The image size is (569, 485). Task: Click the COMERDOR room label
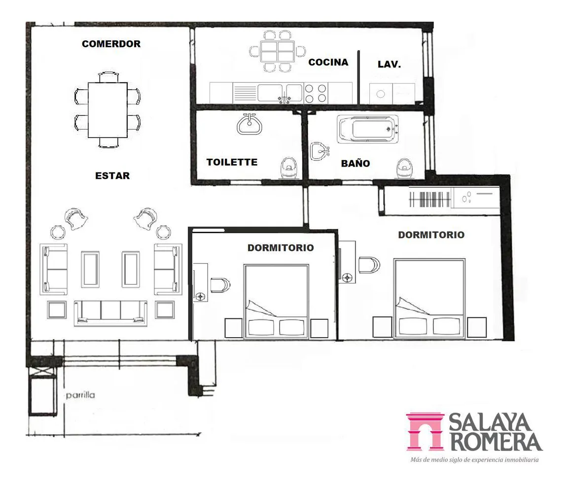coord(111,44)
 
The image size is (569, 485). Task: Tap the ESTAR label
coord(112,175)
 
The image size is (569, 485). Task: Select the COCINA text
coord(328,63)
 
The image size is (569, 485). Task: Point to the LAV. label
coord(389,65)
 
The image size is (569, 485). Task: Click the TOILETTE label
coord(232,162)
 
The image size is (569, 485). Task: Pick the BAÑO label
coord(356,163)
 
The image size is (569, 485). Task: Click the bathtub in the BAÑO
coord(368,129)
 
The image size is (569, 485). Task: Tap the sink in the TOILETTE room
coord(249,124)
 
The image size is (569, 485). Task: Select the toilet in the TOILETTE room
coord(289,168)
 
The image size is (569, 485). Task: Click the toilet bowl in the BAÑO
coord(404,168)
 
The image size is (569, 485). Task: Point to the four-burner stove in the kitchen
coord(316,93)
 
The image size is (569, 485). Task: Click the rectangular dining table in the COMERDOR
coord(107,110)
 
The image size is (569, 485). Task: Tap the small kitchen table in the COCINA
coord(278,51)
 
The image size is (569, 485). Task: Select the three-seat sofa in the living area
coord(110,312)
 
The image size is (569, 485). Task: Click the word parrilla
coord(80,395)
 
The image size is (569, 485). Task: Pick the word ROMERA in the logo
coord(496,441)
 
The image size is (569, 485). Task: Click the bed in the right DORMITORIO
coord(429,299)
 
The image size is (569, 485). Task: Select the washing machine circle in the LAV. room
coord(380,94)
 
